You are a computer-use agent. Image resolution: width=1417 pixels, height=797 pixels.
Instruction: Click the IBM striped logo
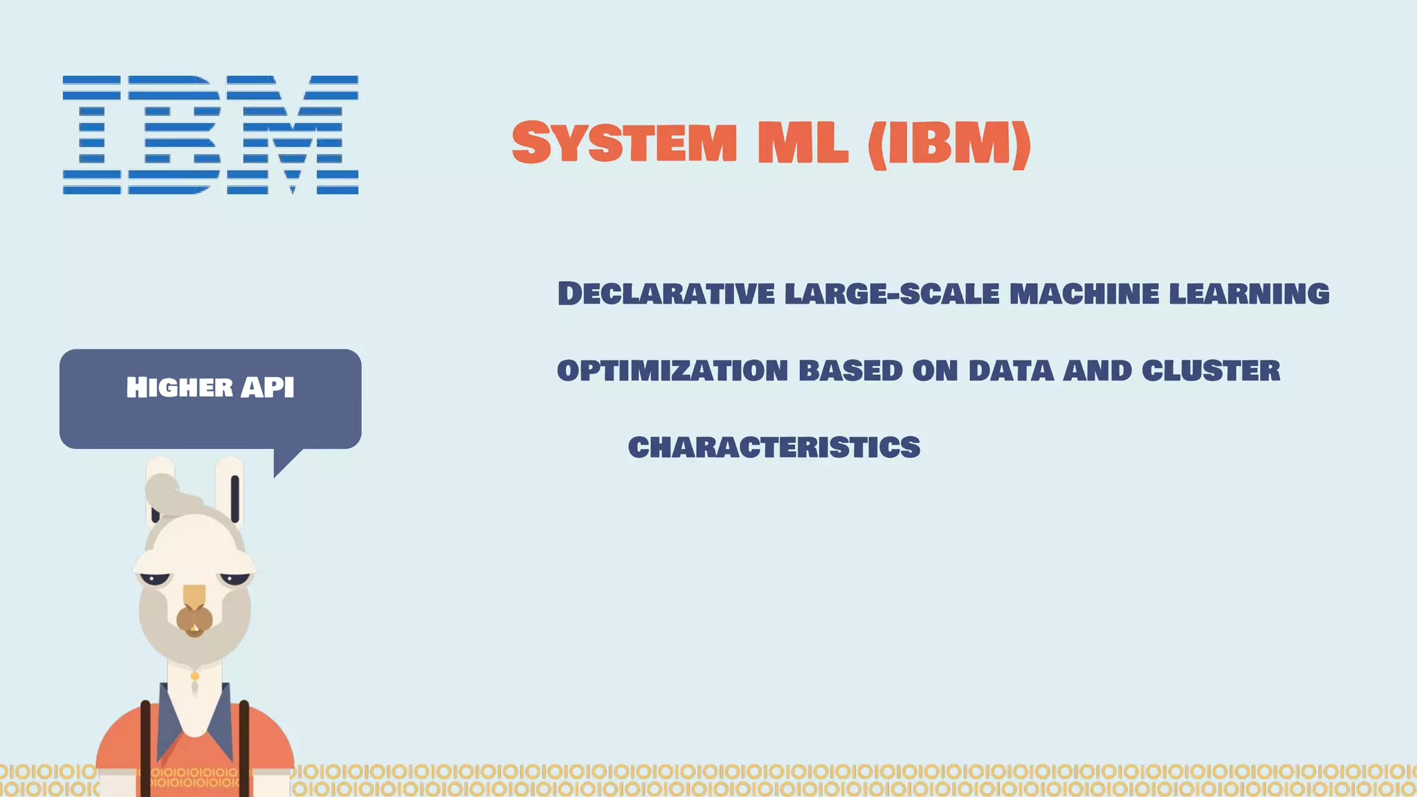tap(210, 135)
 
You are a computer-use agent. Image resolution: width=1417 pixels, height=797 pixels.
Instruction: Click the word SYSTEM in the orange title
tap(624, 143)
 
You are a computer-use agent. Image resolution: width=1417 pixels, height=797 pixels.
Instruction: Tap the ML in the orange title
tap(803, 143)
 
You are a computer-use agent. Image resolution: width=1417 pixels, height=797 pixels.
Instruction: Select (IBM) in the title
tap(949, 144)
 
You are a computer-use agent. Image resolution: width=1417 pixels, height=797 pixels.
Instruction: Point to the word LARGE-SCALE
tap(892, 293)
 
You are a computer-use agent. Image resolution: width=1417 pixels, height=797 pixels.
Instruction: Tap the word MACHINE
tap(1084, 293)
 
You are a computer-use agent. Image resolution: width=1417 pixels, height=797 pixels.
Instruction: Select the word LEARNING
tap(1249, 293)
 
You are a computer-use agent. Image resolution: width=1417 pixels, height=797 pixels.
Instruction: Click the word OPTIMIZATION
tap(673, 371)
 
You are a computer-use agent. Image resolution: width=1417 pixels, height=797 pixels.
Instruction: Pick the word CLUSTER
tap(1211, 371)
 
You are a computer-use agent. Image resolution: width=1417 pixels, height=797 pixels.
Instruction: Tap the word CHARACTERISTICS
tap(774, 448)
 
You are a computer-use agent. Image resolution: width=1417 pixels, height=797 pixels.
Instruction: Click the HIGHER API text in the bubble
tap(210, 387)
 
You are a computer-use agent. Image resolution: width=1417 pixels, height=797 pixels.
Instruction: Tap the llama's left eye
tap(155, 578)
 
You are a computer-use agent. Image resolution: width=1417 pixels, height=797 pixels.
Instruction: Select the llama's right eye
tap(235, 578)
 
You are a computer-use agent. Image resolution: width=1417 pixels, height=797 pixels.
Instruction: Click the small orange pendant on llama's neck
tap(195, 676)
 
